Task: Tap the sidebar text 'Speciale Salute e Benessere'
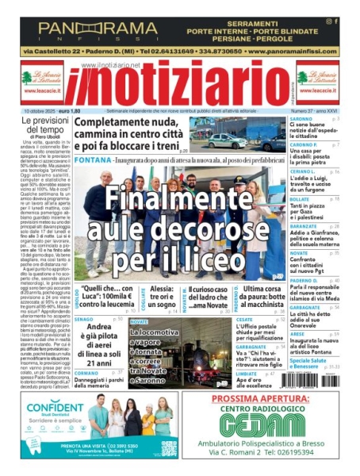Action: (313, 363)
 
